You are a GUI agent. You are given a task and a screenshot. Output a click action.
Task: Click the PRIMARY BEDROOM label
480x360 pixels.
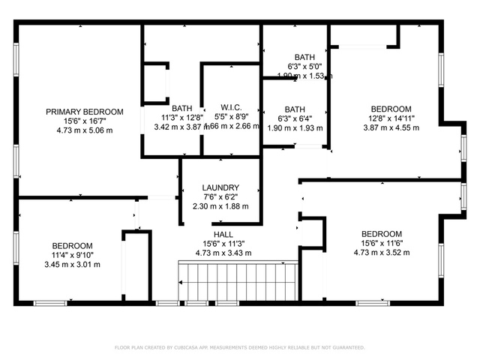pos(84,112)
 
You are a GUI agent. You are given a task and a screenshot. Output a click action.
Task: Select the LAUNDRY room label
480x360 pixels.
pos(220,187)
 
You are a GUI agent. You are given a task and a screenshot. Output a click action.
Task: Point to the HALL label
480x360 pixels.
pos(223,234)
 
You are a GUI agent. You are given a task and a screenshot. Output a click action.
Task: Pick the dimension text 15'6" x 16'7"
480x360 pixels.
pos(84,121)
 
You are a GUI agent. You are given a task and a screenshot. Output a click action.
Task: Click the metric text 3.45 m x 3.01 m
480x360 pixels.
pos(72,264)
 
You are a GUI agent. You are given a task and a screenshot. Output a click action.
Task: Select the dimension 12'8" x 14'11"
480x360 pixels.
pos(391,118)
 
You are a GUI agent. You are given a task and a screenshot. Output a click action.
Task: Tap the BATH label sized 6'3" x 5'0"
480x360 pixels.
pos(304,57)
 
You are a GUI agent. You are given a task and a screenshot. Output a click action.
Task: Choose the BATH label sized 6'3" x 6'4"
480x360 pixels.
pos(295,109)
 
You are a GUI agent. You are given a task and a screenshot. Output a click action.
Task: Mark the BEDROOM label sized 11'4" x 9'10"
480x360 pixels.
pos(72,246)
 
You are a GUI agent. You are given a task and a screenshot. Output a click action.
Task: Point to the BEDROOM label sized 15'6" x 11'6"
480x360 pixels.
pos(382,234)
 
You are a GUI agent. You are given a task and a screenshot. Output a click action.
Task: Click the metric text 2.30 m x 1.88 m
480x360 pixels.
pos(220,206)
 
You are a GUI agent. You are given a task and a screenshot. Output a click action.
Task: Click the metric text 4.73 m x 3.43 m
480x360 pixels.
pos(223,253)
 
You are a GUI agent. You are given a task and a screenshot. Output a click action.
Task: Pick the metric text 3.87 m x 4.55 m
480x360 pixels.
pos(391,127)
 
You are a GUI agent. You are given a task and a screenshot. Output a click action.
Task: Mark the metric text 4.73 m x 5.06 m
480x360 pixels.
pos(84,130)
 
